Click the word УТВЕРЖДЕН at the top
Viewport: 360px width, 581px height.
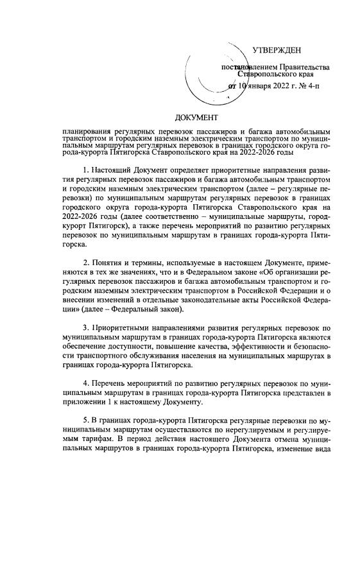[x=276, y=50]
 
